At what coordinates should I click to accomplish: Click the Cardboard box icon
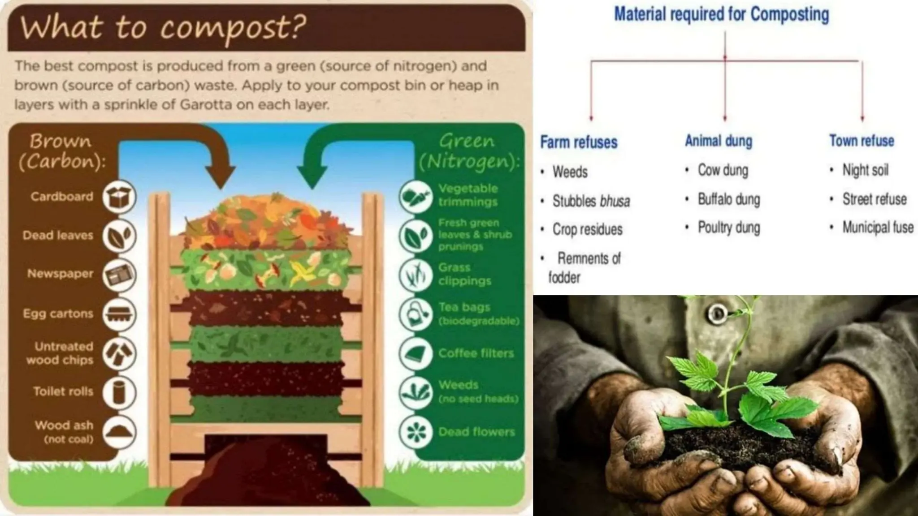118,196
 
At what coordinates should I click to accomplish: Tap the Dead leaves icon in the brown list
118,236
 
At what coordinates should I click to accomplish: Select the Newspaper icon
118,275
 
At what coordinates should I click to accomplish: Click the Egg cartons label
58,314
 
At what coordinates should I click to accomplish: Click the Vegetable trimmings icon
415,196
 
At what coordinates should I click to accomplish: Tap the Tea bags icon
415,314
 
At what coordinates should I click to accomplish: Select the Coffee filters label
476,353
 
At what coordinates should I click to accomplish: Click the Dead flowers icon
415,432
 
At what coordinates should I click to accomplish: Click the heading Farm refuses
579,142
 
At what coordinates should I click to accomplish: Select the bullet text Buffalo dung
728,199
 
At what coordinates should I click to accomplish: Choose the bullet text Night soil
865,170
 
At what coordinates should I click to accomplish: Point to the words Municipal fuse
878,228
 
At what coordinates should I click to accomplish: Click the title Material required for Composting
721,14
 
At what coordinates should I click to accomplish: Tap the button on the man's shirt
717,312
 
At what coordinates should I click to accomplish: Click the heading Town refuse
862,141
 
